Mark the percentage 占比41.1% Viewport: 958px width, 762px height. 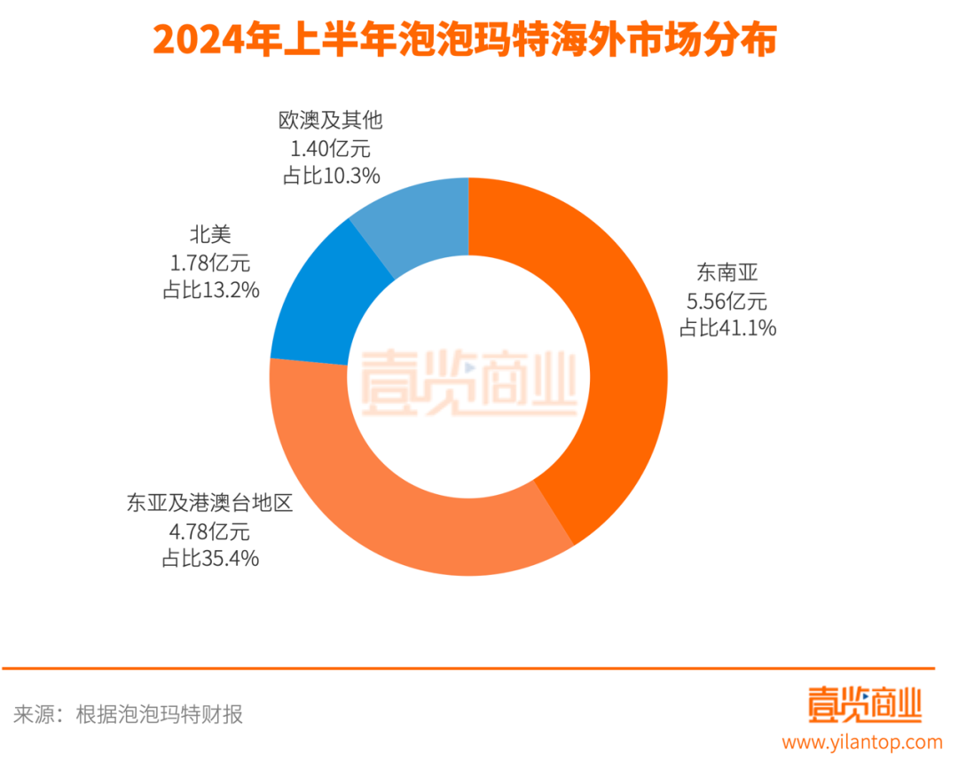tap(728, 327)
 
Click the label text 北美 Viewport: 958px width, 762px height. tap(210, 234)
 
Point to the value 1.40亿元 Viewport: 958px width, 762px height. tap(330, 148)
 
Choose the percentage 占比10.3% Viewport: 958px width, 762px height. tap(331, 176)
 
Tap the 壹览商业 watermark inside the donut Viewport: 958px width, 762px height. tap(468, 382)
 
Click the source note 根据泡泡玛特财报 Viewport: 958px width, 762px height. tap(160, 714)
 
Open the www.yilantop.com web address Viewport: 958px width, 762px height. tap(861, 741)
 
